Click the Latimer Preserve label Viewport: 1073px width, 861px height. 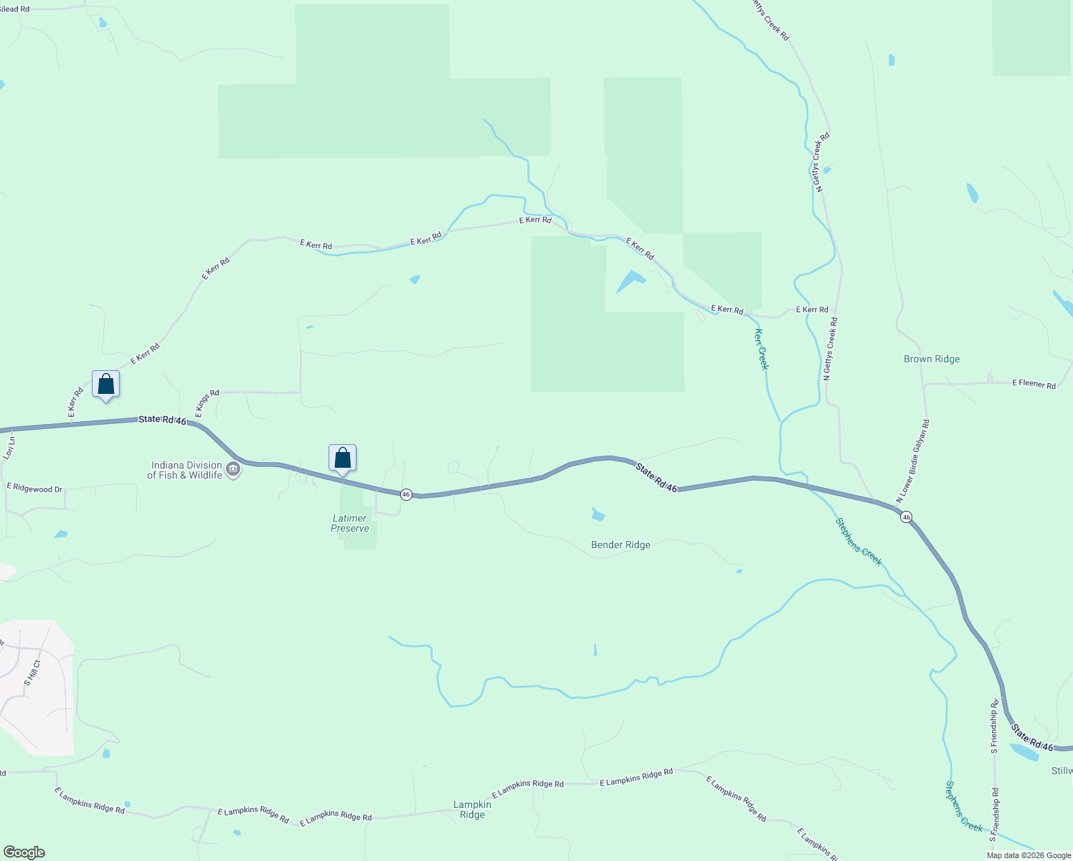[350, 523]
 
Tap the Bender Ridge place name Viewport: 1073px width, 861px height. [620, 545]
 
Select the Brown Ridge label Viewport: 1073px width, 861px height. [932, 359]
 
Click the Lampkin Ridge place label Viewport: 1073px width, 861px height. [472, 809]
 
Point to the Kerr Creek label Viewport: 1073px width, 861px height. [762, 349]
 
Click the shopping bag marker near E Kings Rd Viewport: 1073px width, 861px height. [106, 385]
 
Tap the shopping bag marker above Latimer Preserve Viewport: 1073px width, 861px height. [343, 458]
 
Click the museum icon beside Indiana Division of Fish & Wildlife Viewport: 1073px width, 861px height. [233, 470]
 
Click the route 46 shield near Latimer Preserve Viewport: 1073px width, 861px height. [406, 494]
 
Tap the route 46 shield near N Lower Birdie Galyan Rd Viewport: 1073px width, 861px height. [907, 517]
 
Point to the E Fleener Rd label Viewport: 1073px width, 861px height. [1034, 385]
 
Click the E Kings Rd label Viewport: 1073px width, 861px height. [207, 403]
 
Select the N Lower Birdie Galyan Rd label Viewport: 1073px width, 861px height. [912, 461]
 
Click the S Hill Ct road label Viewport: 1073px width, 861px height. [33, 673]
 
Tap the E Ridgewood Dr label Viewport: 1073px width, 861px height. [34, 489]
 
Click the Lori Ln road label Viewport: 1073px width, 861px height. [9, 448]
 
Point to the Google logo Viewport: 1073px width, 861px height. [23, 852]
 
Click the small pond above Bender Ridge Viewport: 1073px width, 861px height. [598, 514]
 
